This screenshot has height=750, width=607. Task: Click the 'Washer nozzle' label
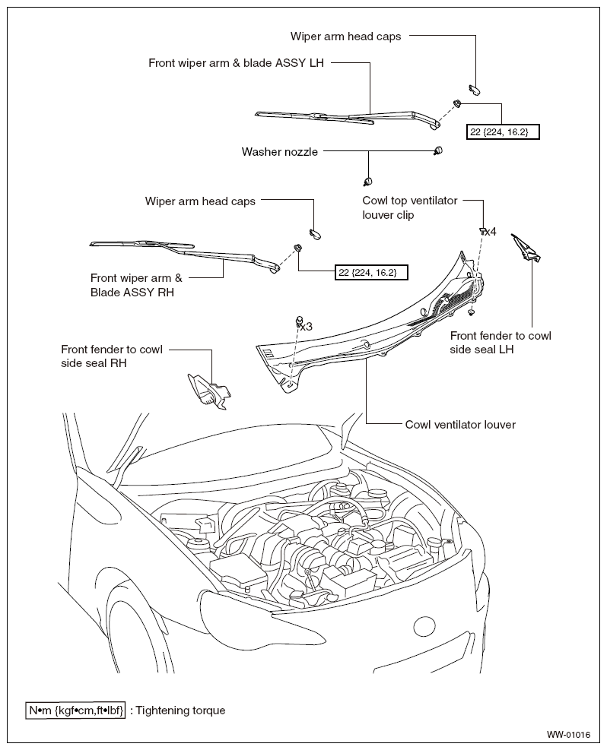click(x=280, y=152)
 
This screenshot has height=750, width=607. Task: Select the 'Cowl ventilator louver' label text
click(x=460, y=424)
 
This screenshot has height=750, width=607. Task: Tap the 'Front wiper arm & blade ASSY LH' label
click(x=236, y=62)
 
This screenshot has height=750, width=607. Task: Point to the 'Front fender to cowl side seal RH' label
click(x=112, y=356)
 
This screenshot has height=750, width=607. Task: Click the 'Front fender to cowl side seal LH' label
click(x=501, y=343)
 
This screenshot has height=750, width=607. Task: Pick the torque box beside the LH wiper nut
click(x=503, y=131)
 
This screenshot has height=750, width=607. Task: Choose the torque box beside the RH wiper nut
click(x=371, y=272)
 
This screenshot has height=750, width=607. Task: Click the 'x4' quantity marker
click(x=490, y=232)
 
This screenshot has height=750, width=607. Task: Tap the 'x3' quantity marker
click(x=307, y=326)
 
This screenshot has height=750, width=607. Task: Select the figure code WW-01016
click(x=568, y=734)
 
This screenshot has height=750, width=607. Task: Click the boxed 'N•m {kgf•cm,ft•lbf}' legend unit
click(x=75, y=710)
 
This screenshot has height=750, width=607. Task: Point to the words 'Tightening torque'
click(x=180, y=710)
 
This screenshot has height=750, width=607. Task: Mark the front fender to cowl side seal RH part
click(x=209, y=391)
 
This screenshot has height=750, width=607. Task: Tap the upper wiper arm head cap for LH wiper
click(x=475, y=88)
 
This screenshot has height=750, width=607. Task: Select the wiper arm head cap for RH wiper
click(x=315, y=234)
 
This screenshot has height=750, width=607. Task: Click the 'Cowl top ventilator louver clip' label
click(x=410, y=207)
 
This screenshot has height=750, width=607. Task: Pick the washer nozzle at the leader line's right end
click(x=437, y=150)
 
